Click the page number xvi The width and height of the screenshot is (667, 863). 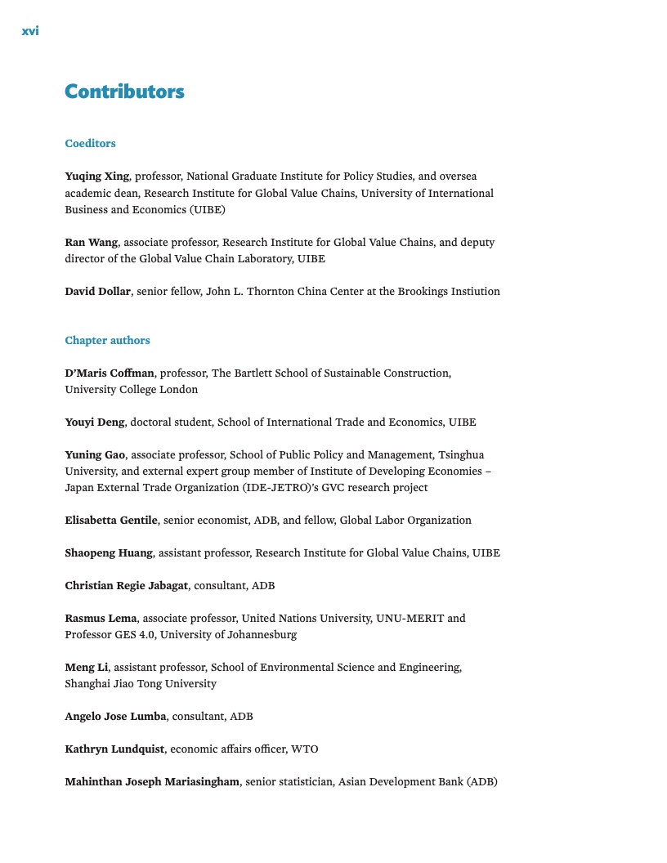(30, 32)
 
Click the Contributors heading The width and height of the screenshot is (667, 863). (124, 92)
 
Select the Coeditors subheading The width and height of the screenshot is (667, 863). (90, 144)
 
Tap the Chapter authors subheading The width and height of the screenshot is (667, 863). (107, 341)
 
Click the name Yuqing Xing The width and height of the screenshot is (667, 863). (96, 177)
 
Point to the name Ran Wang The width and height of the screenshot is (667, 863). (92, 243)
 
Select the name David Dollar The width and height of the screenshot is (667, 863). (97, 292)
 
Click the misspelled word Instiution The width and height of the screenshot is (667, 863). (474, 292)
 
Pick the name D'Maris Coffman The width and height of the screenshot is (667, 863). (110, 373)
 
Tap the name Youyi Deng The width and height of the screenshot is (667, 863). (95, 423)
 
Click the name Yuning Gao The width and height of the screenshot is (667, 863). (95, 455)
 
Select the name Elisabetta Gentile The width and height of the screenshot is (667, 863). (111, 521)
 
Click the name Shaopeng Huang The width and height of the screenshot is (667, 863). (109, 553)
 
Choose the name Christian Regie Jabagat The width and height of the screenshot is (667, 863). (127, 586)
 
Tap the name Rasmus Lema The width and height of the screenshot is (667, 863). (101, 619)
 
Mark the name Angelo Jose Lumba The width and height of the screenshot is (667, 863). (115, 717)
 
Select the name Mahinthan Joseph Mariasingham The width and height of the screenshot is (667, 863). (152, 782)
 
